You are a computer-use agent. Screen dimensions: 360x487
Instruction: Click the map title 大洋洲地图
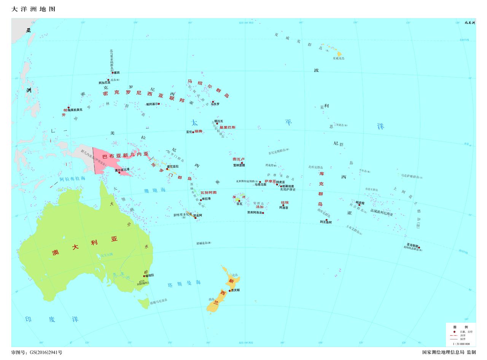[33, 9]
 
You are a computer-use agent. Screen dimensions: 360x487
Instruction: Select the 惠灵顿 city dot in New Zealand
[230, 290]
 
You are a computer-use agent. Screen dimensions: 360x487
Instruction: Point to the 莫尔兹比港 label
[123, 169]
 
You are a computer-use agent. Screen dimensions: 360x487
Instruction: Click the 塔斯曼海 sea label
[184, 284]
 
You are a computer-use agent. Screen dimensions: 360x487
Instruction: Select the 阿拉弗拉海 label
[72, 178]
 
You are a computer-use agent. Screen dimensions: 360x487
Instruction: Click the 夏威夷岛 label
[338, 59]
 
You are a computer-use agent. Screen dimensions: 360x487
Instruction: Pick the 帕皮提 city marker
[359, 205]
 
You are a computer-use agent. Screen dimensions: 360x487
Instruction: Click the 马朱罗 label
[215, 104]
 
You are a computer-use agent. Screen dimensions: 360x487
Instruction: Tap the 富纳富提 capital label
[239, 165]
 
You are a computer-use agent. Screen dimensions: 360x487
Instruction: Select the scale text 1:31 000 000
[461, 344]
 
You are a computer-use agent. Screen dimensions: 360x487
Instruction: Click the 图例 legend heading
[460, 327]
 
